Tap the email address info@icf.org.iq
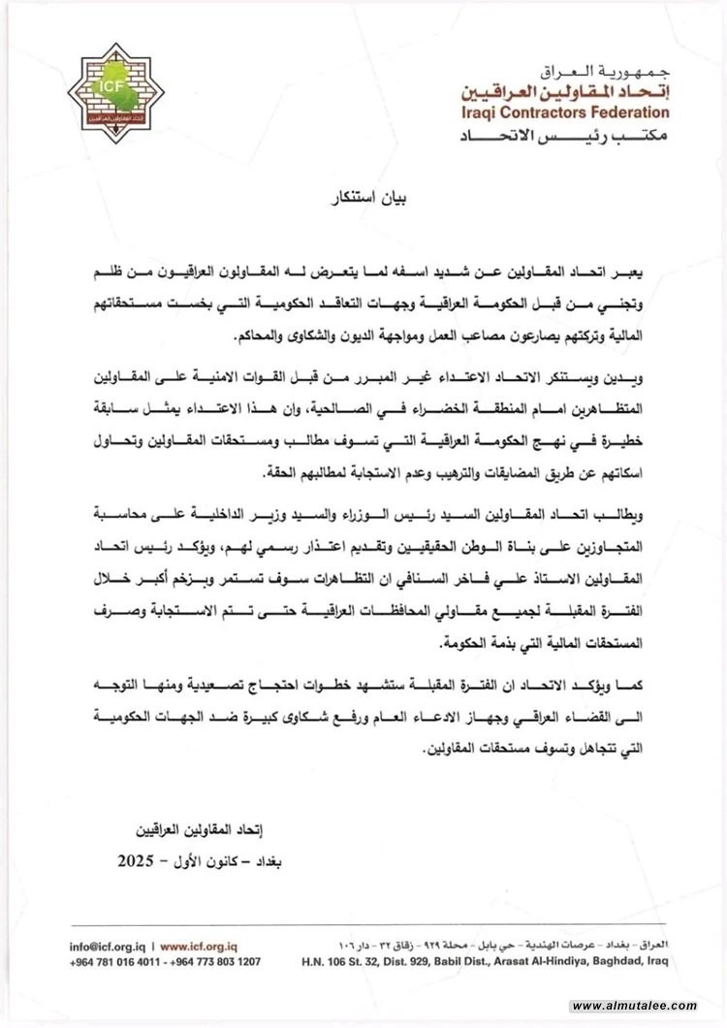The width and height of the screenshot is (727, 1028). [106, 946]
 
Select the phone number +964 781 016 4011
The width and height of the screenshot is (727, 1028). [115, 961]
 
